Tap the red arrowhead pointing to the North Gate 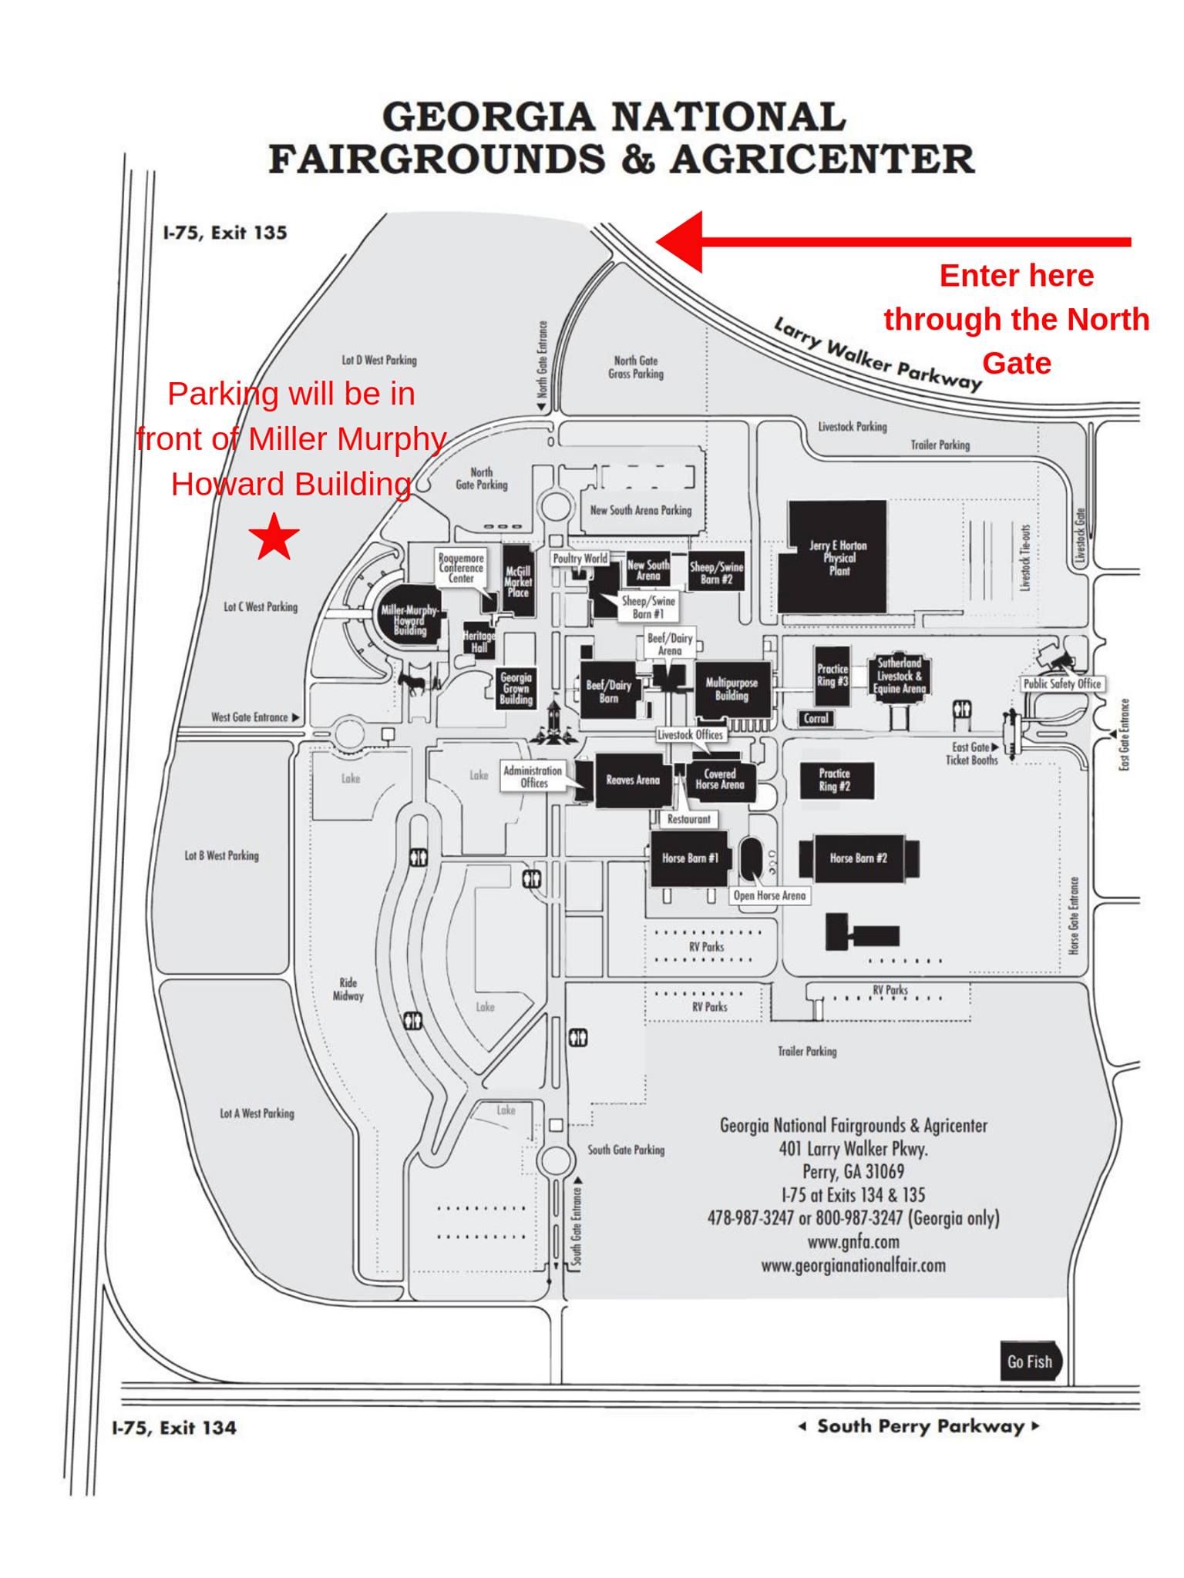(679, 242)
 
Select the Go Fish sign (1031, 1361)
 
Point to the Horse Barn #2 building (858, 858)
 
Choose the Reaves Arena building (632, 780)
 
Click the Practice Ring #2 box (835, 780)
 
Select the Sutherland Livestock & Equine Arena (899, 676)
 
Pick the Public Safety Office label (1062, 683)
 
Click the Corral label (816, 718)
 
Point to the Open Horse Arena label (769, 895)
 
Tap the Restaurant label (689, 819)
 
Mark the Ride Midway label (348, 989)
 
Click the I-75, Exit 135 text (225, 233)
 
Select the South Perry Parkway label (920, 1426)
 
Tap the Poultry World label (580, 559)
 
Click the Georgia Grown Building (516, 688)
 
